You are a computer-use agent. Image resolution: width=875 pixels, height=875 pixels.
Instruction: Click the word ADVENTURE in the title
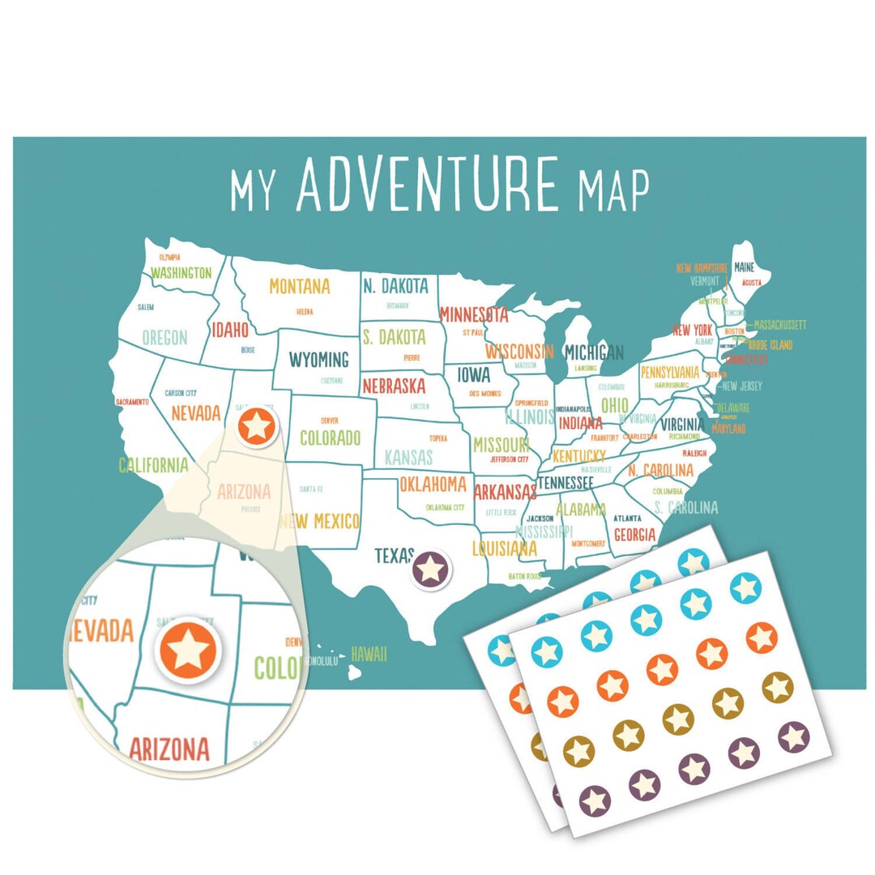(x=427, y=185)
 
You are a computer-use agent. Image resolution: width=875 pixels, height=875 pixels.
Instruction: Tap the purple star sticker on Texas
(x=430, y=568)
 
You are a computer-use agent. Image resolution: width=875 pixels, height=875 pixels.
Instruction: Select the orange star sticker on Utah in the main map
(x=257, y=425)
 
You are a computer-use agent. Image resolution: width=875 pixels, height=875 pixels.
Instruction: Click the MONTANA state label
(x=300, y=286)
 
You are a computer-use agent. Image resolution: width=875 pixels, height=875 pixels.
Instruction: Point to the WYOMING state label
(x=318, y=359)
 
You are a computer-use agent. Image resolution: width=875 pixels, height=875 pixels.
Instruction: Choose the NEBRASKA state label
(x=394, y=385)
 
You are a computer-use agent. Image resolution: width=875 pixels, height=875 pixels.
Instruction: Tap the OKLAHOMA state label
(x=433, y=484)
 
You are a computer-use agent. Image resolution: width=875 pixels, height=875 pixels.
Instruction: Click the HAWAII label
(x=369, y=654)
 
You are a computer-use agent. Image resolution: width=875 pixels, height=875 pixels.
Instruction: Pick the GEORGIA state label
(x=634, y=535)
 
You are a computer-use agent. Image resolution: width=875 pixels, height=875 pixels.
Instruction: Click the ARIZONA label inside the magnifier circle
(x=169, y=749)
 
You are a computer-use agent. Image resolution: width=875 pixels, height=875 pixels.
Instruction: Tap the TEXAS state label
(x=394, y=556)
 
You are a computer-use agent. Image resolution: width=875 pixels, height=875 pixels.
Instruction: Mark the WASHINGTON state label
(x=181, y=273)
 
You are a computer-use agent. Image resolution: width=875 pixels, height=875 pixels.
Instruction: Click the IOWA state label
(x=474, y=375)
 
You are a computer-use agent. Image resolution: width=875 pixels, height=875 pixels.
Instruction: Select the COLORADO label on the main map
(x=330, y=437)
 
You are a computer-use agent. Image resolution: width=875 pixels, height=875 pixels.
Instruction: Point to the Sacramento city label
(x=132, y=402)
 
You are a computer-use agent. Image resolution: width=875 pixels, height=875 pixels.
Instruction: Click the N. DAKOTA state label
(x=395, y=286)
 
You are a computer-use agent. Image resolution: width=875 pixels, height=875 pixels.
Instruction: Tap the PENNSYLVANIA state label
(x=669, y=373)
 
